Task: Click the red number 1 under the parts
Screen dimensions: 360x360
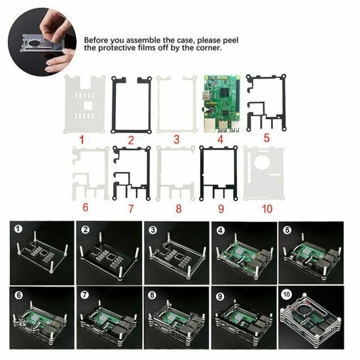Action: click(82, 140)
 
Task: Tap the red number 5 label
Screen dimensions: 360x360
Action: click(266, 138)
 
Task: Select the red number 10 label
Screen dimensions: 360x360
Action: click(267, 209)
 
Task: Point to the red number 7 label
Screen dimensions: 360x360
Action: click(131, 209)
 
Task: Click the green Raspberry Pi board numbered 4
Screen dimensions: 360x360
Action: click(221, 104)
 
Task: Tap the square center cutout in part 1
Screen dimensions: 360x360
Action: click(88, 106)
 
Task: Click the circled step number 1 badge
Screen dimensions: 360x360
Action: click(18, 229)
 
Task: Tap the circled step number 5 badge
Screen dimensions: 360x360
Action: click(287, 230)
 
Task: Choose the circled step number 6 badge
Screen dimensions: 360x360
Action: click(18, 295)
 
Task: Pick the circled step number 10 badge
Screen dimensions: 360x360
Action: click(287, 294)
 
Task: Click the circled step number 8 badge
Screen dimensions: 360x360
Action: click(153, 295)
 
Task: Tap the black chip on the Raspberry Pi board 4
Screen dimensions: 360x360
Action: click(225, 92)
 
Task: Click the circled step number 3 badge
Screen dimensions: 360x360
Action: click(153, 230)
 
